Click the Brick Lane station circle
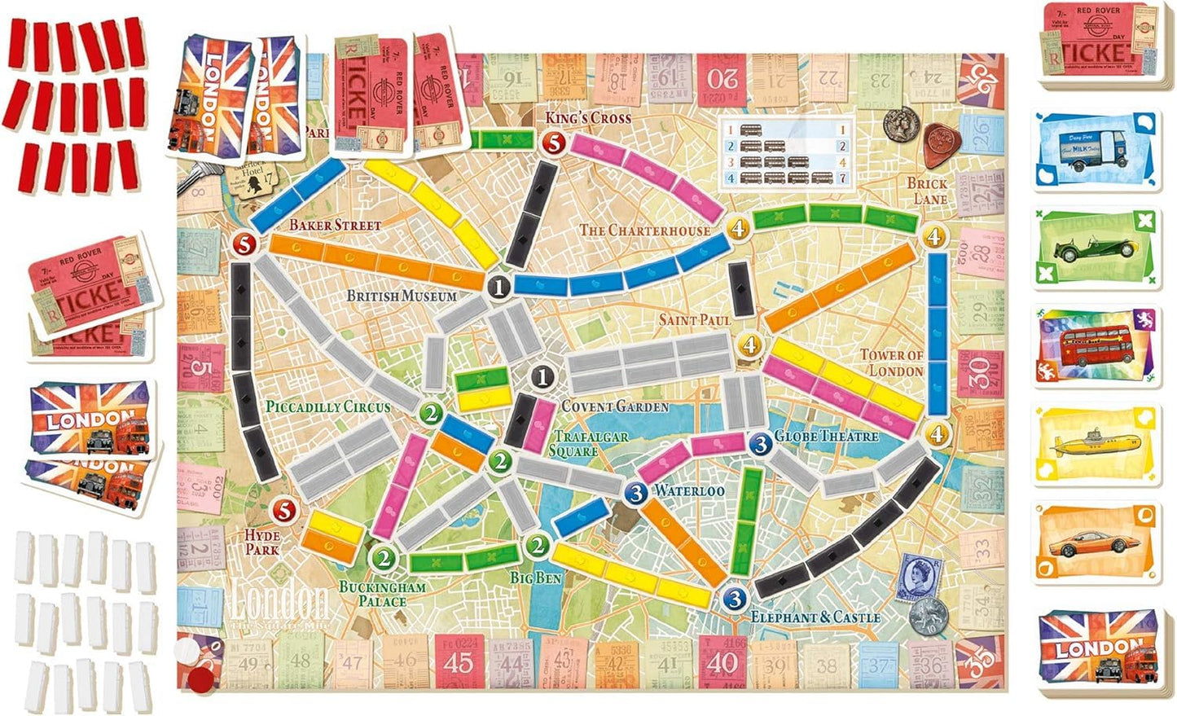(934, 237)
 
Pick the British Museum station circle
(499, 286)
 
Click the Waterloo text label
(689, 490)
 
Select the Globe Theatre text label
(826, 437)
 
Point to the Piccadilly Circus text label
(328, 406)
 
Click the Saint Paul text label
(695, 320)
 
